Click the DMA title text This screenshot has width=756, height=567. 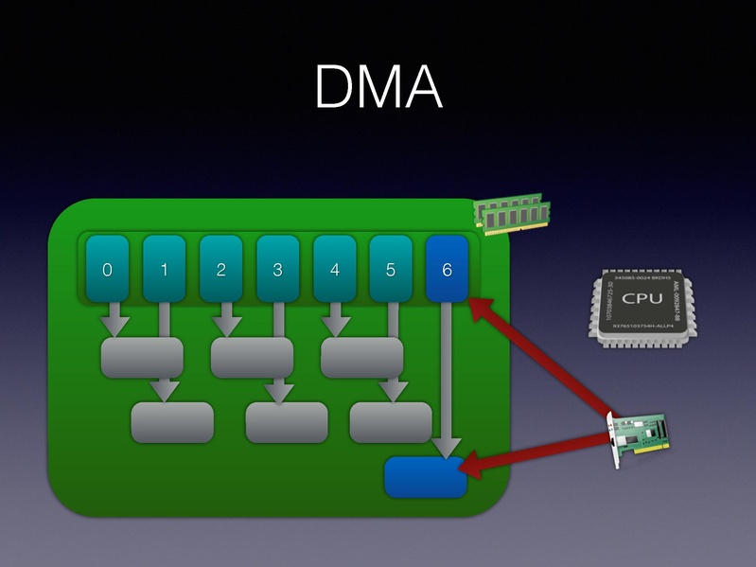click(x=378, y=88)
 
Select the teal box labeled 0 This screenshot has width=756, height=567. click(x=107, y=269)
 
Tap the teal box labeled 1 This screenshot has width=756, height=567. click(x=164, y=269)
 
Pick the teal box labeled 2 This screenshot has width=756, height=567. click(x=220, y=269)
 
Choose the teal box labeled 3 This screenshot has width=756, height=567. click(x=277, y=269)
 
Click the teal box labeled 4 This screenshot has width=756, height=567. click(x=334, y=269)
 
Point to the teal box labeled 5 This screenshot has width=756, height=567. click(x=391, y=269)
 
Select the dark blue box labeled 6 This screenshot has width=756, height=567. click(x=448, y=269)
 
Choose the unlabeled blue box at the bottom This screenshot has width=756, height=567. click(x=426, y=476)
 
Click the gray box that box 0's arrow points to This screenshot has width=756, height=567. click(x=142, y=357)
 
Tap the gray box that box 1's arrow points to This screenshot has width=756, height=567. click(x=172, y=422)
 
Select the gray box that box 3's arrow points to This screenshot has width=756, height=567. click(x=286, y=422)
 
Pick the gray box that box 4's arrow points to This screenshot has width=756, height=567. click(x=361, y=357)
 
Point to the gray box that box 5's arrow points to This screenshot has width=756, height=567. click(x=390, y=422)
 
